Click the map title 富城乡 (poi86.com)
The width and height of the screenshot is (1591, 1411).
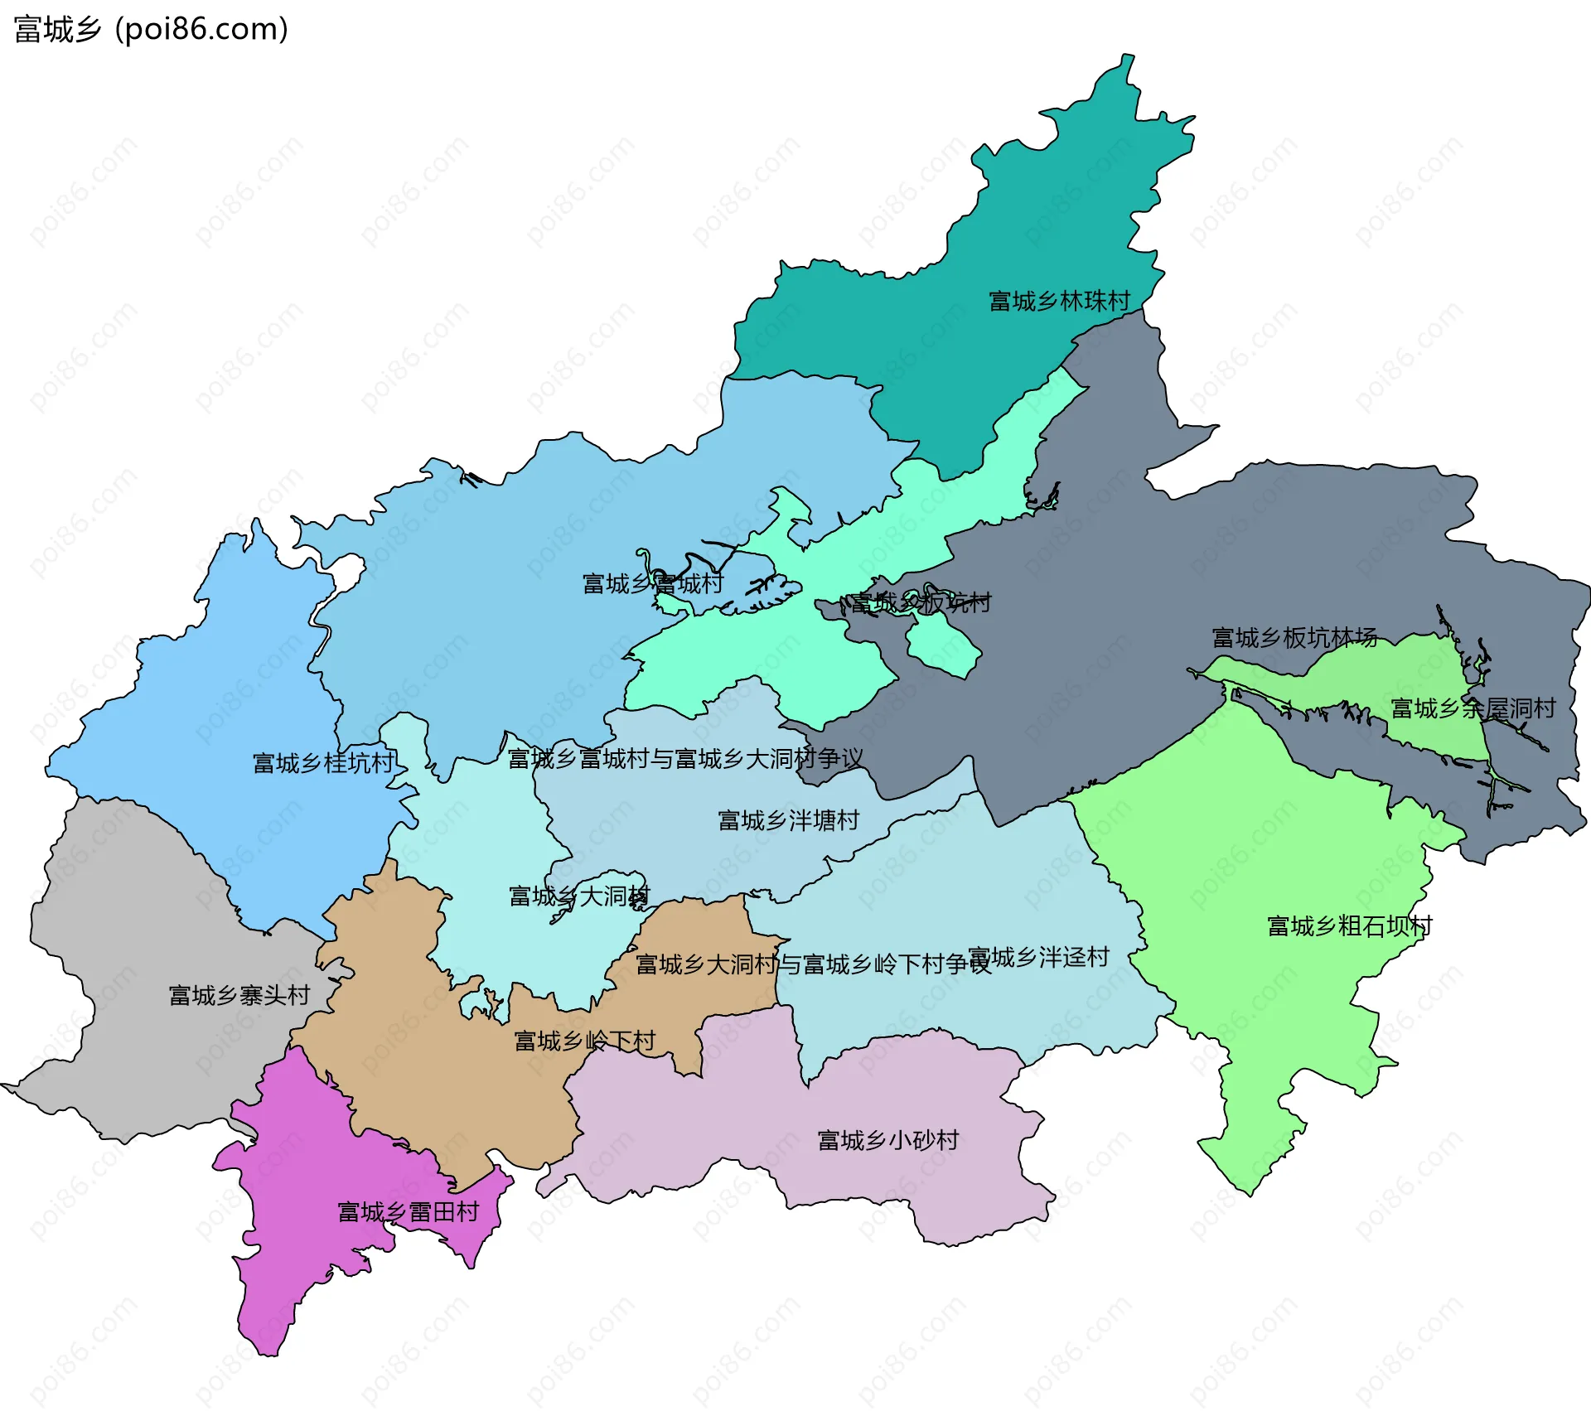151,29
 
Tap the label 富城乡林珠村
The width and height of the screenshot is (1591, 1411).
1059,301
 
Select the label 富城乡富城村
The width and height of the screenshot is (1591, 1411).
652,583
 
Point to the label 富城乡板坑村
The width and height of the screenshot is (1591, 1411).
921,602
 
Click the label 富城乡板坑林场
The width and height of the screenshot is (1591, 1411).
1294,637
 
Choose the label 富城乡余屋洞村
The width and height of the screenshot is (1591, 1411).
1473,708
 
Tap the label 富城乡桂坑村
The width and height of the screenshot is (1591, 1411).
323,762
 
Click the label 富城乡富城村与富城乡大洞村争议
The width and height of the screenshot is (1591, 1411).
684,758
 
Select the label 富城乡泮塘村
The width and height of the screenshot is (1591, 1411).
788,820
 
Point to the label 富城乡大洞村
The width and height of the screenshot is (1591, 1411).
579,896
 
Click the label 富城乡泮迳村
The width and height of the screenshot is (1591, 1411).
1038,957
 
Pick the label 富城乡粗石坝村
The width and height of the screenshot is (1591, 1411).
1349,925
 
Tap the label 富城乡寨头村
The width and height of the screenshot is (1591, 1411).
239,994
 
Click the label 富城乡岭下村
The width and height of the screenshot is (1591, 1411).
584,1040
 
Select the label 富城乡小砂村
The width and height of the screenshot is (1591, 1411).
887,1140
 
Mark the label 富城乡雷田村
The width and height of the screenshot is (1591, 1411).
408,1211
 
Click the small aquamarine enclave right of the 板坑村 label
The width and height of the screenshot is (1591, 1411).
945,642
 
